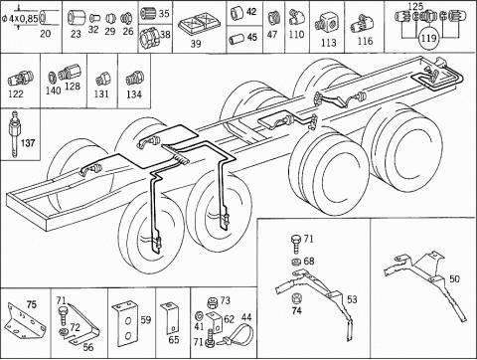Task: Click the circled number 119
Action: pos(428,38)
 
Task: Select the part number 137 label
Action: pos(28,143)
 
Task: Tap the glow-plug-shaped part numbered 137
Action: pos(14,134)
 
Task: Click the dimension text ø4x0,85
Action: pos(20,18)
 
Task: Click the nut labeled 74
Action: pos(296,298)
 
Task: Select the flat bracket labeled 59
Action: pos(126,324)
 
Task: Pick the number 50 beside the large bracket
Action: pos(454,278)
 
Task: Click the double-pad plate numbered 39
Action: pos(196,26)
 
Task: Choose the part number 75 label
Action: pos(32,304)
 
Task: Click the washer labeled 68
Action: pos(295,262)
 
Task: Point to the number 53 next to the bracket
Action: pos(352,299)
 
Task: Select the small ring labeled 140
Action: pos(53,78)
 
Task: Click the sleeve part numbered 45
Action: pos(237,39)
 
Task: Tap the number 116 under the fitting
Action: pos(365,41)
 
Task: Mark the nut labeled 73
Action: pos(212,302)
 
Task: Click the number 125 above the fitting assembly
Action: pos(415,6)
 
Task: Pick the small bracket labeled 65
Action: pos(170,317)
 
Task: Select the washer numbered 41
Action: pos(200,314)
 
